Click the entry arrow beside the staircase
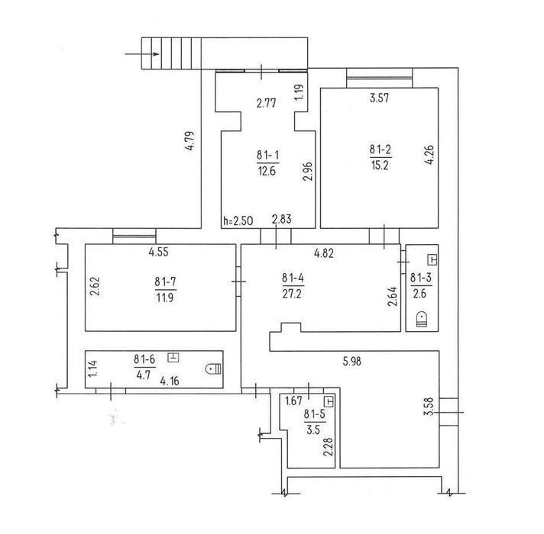tap(142, 54)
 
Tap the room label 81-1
tap(267, 155)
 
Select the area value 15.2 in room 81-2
tap(380, 166)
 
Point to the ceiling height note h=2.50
tap(238, 220)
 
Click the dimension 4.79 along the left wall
tap(190, 140)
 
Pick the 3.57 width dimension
tap(379, 98)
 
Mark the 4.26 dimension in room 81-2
tap(429, 154)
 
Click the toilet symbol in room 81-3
tap(422, 319)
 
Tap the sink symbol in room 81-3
tap(432, 259)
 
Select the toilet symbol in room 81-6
tap(213, 369)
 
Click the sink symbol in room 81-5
tap(329, 401)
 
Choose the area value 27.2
tap(292, 294)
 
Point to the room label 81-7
tap(166, 281)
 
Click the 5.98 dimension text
tap(351, 361)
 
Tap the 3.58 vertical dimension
tap(429, 406)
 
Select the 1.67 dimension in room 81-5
tap(293, 400)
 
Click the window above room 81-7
tap(134, 236)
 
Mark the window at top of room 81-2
tap(379, 78)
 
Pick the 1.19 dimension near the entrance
tap(299, 92)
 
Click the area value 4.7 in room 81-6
tap(144, 375)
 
